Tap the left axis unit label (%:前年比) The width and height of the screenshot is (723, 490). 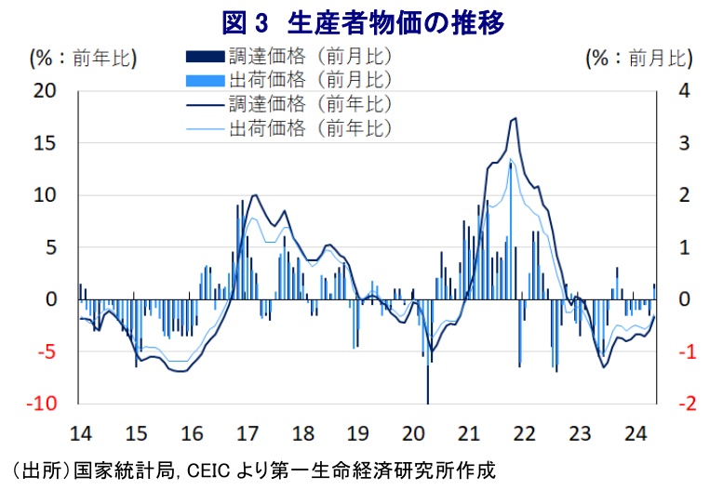point(84,59)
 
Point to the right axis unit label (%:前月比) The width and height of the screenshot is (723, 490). point(640,59)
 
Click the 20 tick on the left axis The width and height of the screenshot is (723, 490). point(45,91)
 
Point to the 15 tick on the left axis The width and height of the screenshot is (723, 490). point(45,143)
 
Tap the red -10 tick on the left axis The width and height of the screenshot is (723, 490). point(42,404)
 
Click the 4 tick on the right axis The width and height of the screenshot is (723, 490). point(683,91)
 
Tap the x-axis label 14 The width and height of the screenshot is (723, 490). point(81,433)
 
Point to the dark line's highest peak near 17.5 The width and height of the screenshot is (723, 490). point(515,118)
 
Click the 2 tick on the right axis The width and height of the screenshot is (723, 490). point(683,195)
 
